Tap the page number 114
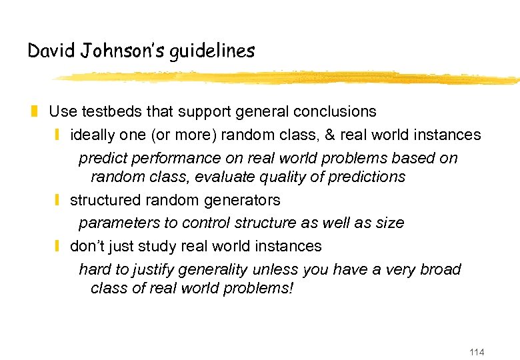(477, 352)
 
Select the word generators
(245, 200)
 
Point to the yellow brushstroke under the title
(287, 78)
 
